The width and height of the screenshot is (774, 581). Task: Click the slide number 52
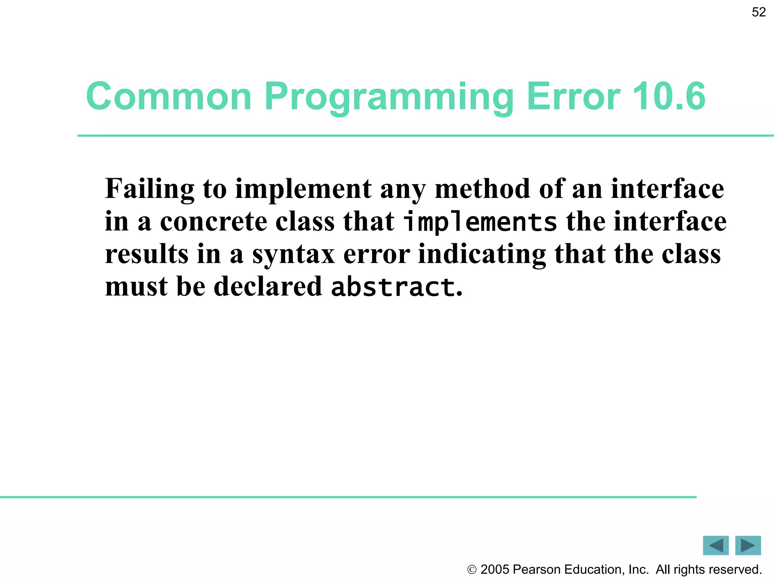pos(759,12)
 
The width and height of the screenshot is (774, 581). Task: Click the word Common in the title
pos(169,96)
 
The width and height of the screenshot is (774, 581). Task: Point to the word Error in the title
pos(573,96)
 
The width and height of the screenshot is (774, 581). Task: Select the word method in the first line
pos(482,188)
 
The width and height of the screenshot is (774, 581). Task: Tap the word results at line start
pos(147,254)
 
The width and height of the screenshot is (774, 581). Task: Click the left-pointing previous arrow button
pos(715,545)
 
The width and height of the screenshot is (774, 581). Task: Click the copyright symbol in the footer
pos(472,570)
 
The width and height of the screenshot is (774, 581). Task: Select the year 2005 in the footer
pos(495,569)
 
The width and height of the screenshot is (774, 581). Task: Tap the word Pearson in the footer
pos(537,569)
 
